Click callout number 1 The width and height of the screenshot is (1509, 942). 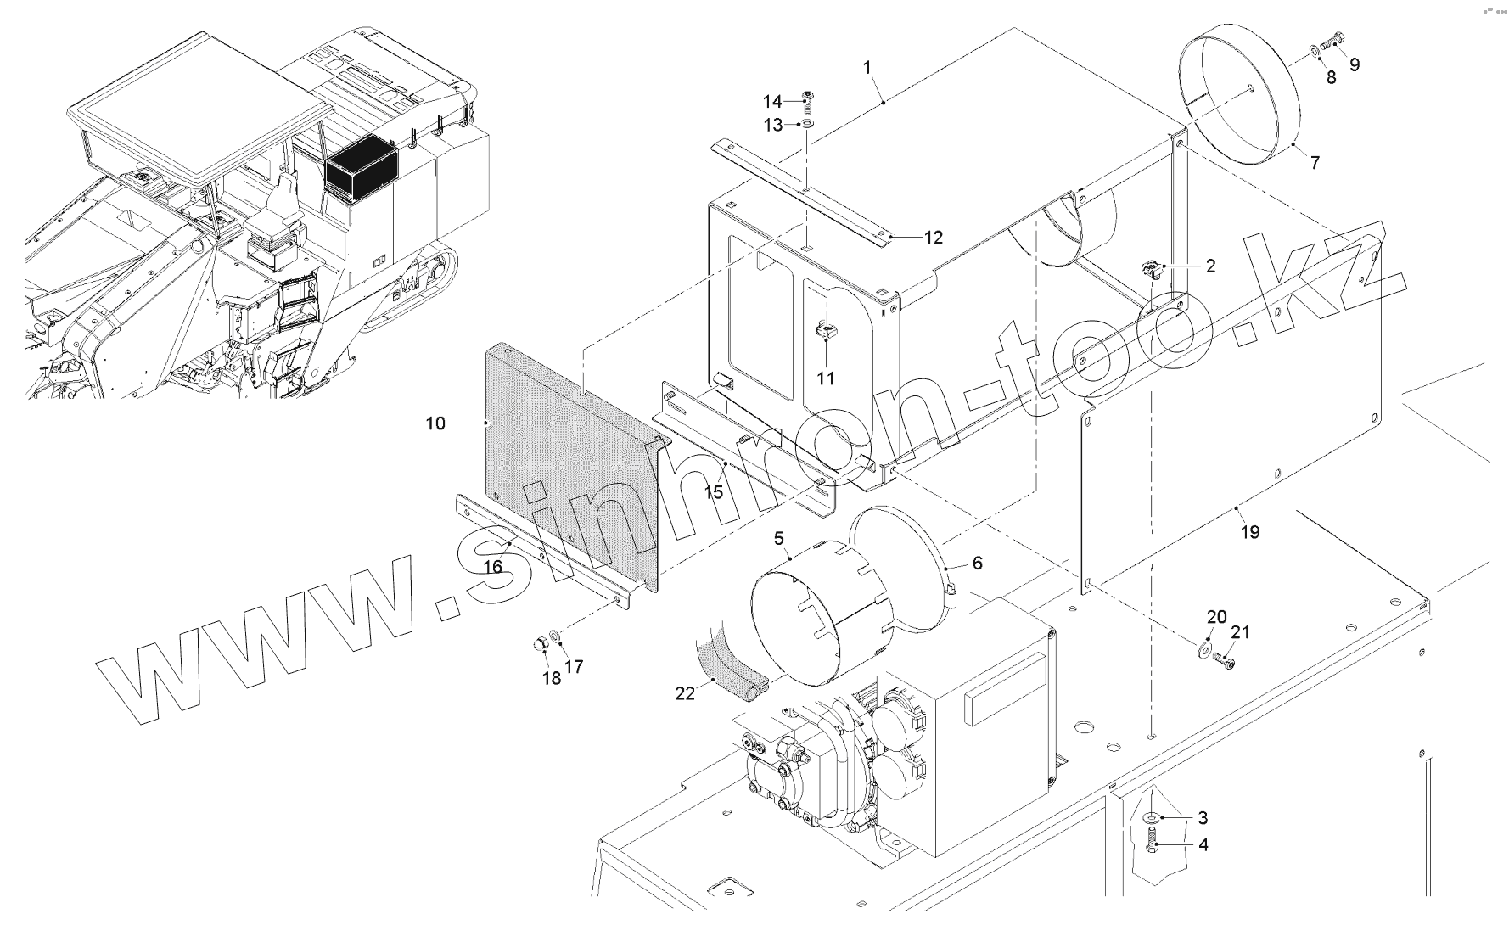(867, 67)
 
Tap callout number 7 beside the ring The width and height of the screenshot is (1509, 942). (1315, 162)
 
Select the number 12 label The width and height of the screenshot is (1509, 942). (934, 238)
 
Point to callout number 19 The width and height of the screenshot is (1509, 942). (1250, 532)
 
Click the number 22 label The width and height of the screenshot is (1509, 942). (685, 693)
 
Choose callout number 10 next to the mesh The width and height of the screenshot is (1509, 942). (435, 423)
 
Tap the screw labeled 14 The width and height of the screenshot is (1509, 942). (806, 103)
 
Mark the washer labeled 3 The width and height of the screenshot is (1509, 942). (1151, 817)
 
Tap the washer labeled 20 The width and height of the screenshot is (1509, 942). (1204, 650)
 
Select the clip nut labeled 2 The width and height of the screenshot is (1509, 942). (1150, 270)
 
